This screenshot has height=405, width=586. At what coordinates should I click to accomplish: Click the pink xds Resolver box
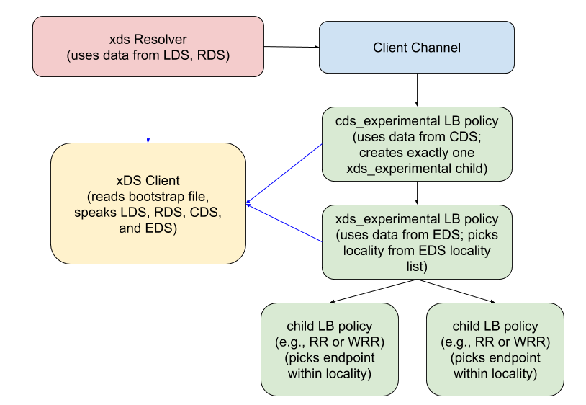(148, 46)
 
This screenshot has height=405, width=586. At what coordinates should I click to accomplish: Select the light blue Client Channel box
(416, 48)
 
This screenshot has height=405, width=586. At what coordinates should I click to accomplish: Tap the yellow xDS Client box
(148, 204)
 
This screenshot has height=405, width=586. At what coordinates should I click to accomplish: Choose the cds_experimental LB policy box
(416, 144)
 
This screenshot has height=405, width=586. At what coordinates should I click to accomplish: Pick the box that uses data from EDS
(416, 242)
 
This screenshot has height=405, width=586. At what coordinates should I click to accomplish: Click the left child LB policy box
(330, 350)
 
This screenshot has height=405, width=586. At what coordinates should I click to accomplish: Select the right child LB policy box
(495, 350)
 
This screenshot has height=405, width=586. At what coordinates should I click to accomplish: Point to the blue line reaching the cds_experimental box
(284, 174)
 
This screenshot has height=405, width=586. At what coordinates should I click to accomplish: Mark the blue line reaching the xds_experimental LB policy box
(284, 223)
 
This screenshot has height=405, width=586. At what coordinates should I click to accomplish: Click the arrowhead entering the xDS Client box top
(148, 141)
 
